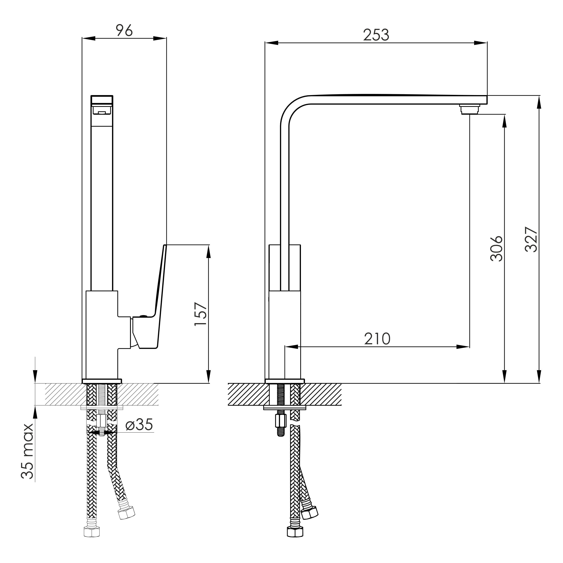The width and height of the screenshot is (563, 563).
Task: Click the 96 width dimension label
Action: coord(124,30)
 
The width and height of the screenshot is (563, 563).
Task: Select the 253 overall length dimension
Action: coord(376,35)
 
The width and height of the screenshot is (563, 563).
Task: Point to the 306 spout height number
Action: coord(496,248)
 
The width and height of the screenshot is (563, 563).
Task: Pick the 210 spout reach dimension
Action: coord(377,339)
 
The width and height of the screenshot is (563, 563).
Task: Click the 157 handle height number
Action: coord(201,314)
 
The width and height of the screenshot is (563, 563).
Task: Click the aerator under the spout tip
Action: coord(470,109)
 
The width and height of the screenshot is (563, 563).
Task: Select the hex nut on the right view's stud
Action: coord(281,421)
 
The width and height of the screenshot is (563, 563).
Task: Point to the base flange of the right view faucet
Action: coord(285,381)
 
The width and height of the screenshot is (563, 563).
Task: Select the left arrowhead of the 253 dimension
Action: coord(271,43)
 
